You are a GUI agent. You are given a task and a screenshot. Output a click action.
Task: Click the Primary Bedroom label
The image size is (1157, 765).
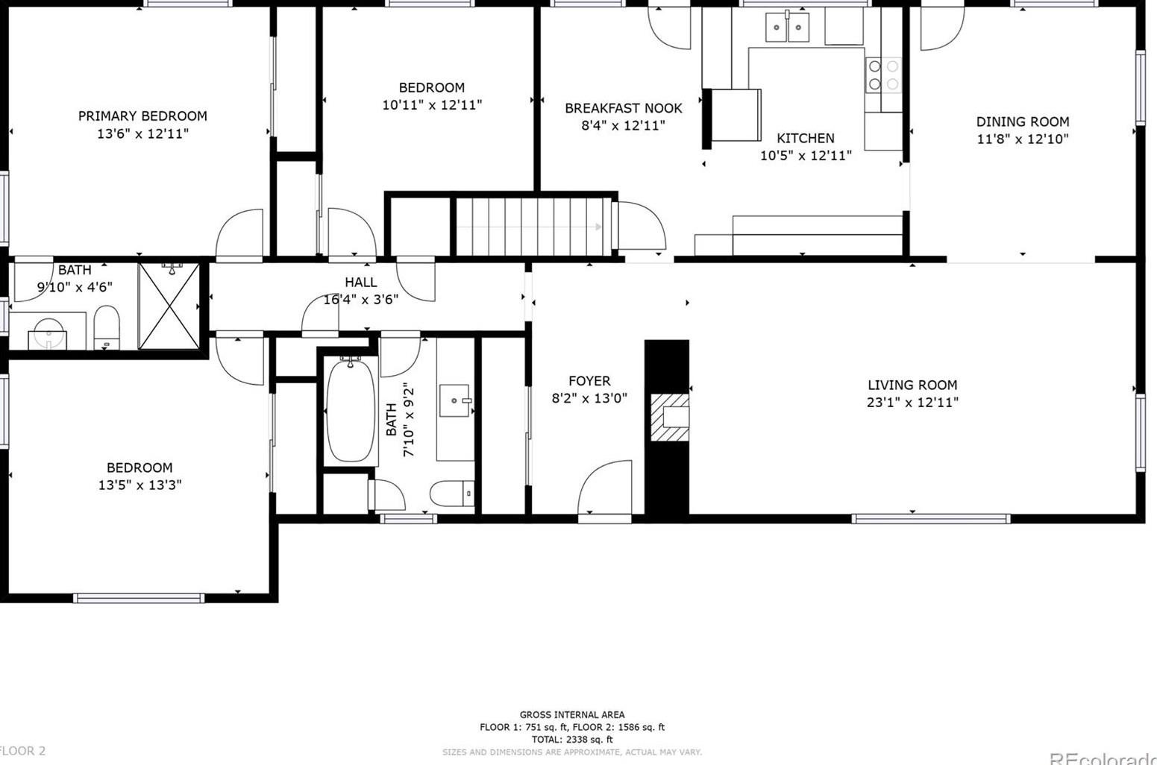[142, 116]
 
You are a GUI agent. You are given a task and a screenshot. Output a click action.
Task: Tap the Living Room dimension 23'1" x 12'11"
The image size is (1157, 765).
[912, 403]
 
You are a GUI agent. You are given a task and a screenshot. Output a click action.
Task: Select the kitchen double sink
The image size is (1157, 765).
[787, 28]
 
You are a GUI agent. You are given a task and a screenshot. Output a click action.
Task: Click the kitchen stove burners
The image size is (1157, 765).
[883, 75]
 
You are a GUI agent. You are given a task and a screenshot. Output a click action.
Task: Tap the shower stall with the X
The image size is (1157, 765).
[169, 306]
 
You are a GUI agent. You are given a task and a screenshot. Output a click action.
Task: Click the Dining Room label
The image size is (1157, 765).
[1022, 122]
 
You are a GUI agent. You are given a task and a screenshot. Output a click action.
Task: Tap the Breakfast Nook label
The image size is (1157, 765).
[623, 108]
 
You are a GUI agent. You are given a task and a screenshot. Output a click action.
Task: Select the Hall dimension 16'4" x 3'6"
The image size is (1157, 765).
[360, 300]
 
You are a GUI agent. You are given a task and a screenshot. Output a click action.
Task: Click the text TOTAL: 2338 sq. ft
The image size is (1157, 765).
[571, 740]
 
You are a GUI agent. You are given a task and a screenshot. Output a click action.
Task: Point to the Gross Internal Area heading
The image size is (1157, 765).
[571, 714]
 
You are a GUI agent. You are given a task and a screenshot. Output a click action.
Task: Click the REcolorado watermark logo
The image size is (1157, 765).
[1103, 758]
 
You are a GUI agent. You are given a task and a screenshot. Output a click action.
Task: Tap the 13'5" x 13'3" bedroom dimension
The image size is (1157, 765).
[139, 485]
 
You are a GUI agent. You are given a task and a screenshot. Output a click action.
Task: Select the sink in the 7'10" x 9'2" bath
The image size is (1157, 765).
[455, 401]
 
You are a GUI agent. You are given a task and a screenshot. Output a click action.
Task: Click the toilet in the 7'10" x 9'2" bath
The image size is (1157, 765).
[451, 493]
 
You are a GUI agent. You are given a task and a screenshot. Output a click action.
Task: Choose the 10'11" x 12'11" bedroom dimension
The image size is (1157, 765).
[431, 105]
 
